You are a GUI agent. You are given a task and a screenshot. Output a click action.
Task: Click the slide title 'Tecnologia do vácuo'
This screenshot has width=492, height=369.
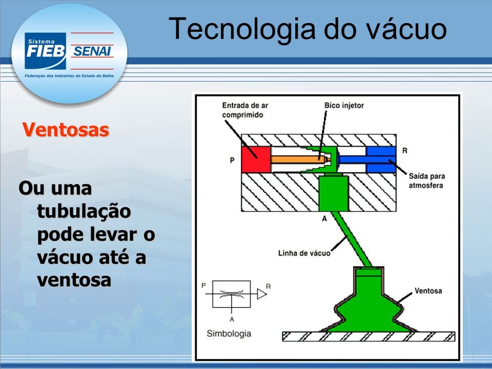click(307, 29)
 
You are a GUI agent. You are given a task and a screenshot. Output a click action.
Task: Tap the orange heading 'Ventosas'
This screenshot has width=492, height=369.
click(66, 130)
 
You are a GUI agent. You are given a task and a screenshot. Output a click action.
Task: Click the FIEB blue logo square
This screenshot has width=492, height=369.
click(46, 51)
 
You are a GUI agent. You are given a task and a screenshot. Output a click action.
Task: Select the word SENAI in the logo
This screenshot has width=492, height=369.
click(92, 51)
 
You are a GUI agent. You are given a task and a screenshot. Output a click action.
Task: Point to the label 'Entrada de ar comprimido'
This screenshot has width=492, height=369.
click(245, 110)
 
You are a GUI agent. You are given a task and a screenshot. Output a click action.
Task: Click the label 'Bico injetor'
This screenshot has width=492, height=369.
click(344, 106)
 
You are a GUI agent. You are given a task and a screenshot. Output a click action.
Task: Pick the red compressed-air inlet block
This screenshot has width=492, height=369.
click(256, 159)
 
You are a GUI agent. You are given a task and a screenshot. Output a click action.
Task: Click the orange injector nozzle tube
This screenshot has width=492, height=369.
click(300, 159)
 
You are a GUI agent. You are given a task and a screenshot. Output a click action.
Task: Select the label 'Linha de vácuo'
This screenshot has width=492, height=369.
click(304, 253)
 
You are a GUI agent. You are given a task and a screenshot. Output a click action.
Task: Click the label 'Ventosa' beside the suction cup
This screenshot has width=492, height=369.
click(428, 291)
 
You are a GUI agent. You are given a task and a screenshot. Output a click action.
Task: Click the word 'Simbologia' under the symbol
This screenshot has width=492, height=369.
click(229, 334)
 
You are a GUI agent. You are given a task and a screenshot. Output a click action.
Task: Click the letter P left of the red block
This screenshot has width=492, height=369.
click(232, 160)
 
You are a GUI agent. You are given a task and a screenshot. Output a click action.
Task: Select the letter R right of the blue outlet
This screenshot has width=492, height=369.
click(405, 151)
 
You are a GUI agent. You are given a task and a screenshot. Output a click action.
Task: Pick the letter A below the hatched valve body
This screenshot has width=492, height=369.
click(324, 218)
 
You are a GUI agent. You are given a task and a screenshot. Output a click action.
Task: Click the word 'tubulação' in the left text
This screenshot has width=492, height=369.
click(84, 211)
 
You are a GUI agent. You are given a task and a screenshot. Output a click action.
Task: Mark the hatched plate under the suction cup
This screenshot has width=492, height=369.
click(368, 336)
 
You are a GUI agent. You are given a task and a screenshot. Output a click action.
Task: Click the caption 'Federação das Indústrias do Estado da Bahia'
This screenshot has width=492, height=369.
click(69, 76)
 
